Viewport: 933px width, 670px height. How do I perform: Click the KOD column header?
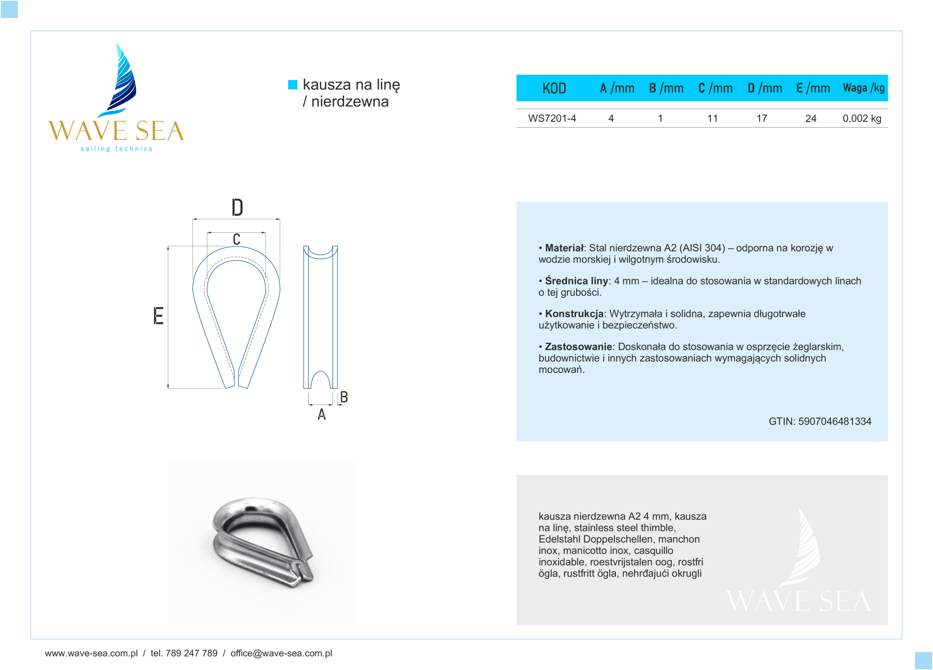pos(554,88)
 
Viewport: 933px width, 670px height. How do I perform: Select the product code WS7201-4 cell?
pos(552,119)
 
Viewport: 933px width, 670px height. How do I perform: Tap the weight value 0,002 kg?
pos(862,119)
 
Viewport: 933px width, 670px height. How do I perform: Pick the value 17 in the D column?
pos(761,119)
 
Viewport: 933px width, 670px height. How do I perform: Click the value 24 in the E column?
pos(811,119)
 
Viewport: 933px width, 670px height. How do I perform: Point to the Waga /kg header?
pos(863,88)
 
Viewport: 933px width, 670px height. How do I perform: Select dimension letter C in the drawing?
pos(237,239)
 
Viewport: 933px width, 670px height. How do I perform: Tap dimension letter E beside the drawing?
pos(159,316)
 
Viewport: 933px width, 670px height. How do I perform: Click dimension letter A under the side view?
pos(322,414)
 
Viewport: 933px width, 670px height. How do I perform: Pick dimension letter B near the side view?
pos(344,397)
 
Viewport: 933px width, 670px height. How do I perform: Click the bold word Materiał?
pos(565,248)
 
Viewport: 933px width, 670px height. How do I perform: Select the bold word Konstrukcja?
pos(574,314)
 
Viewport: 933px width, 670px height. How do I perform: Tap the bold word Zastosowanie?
pos(578,347)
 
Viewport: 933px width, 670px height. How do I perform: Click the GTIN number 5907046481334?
pos(834,421)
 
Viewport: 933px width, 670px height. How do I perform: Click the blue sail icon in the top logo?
pos(122,80)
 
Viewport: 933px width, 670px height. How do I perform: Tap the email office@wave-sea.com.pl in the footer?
pos(281,653)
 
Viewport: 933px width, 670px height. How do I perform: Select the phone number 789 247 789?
pos(191,653)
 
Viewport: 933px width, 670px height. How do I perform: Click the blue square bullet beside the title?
pos(293,84)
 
